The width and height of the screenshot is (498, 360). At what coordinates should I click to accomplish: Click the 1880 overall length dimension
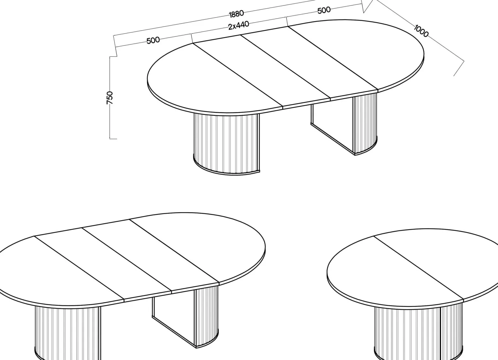point(236,14)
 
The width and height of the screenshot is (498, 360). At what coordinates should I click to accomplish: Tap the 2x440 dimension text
point(238,25)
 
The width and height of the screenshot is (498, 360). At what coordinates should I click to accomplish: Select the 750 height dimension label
point(110,98)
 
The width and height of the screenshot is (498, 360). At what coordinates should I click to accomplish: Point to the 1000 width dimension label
point(421,31)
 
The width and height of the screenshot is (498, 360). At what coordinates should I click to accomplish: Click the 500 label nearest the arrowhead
point(324,10)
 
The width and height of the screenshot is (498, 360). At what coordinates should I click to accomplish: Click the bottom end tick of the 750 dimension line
point(113,139)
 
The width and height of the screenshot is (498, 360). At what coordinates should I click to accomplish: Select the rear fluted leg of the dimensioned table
point(365,124)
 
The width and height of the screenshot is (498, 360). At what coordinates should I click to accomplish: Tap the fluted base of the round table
point(418,334)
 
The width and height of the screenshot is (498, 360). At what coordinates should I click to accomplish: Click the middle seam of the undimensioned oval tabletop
point(127,259)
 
